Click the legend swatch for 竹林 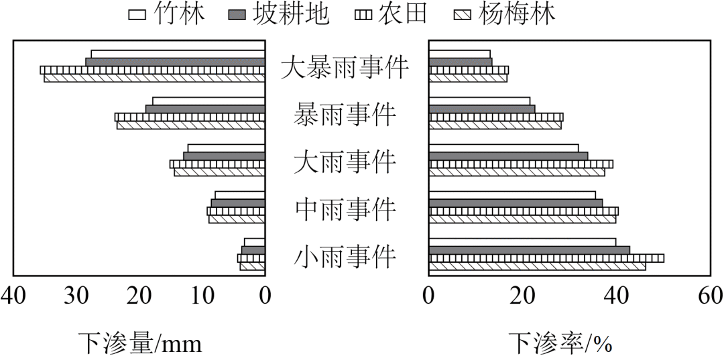click(139, 14)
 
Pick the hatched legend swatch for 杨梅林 click(464, 14)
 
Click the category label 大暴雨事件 click(345, 67)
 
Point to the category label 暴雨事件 click(345, 115)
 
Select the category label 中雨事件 click(345, 210)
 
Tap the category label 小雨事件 click(345, 257)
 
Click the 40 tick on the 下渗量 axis click(13, 295)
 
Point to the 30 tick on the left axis click(76, 295)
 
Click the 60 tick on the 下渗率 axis click(710, 295)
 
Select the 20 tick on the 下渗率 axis click(523, 295)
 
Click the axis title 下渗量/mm click(139, 343)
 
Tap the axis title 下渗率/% click(560, 343)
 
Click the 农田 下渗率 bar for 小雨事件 click(546, 258)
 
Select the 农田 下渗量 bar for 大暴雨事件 click(152, 70)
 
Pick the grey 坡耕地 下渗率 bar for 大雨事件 click(508, 156)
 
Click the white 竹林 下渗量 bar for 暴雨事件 click(208, 101)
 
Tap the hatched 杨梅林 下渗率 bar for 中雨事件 click(522, 219)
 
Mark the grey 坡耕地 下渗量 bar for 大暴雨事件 click(175, 62)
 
